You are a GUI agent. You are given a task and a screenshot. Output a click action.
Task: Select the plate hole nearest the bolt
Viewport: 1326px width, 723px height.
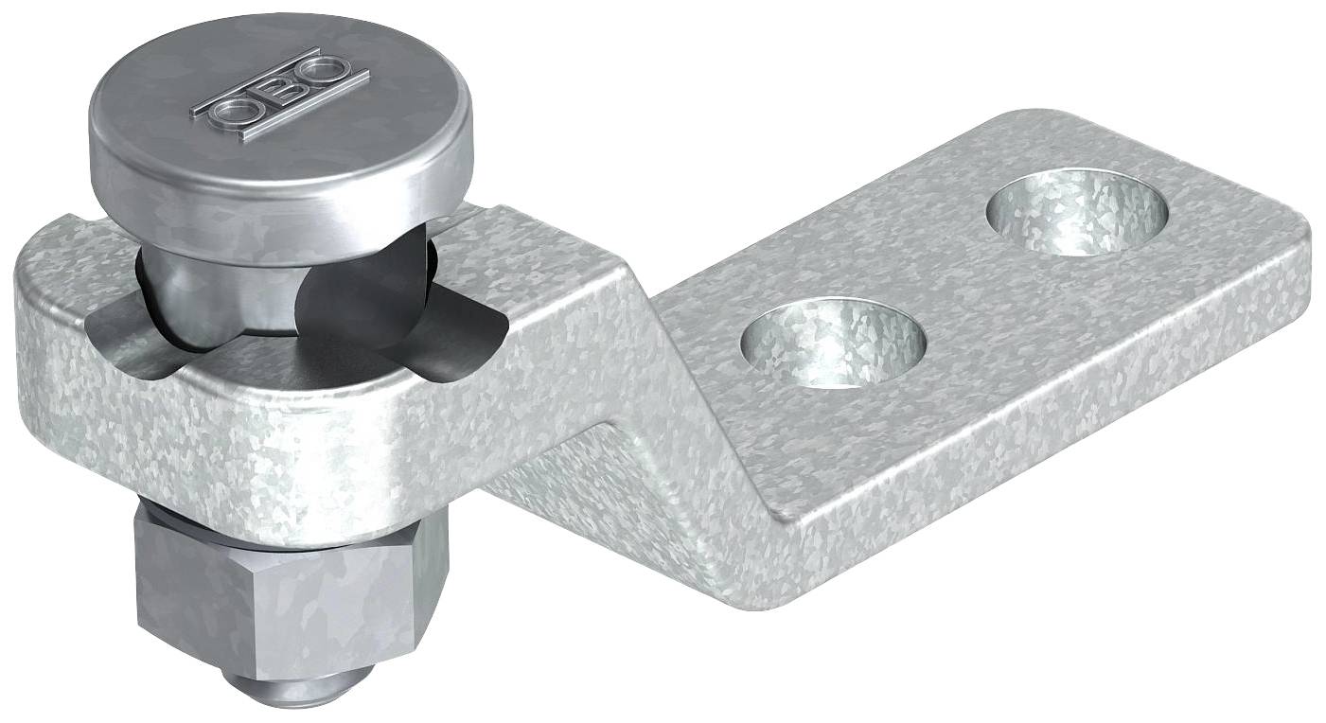pos(834,342)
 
